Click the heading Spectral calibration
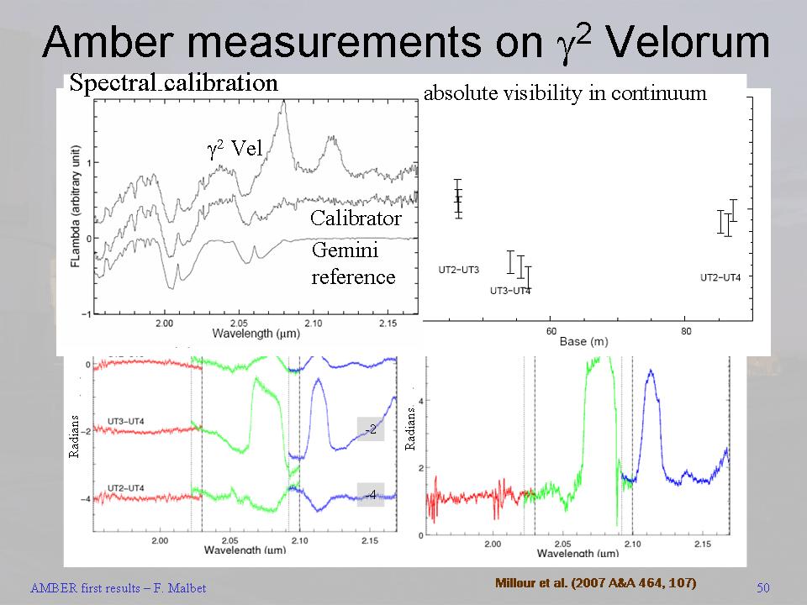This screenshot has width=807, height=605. (x=173, y=82)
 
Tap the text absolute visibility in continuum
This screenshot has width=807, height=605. (x=565, y=93)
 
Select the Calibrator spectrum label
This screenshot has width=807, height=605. (x=356, y=218)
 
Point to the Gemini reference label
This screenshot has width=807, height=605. (x=353, y=263)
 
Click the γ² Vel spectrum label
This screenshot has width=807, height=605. (x=235, y=149)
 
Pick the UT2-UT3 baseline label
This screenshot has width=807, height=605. (x=459, y=271)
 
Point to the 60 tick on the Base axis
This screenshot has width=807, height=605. (x=551, y=331)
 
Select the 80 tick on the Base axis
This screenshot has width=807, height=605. (x=687, y=331)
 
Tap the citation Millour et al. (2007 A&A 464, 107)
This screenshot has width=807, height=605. (x=596, y=582)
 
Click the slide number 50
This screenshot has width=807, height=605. (x=763, y=587)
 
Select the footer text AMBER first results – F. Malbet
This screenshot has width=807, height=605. (x=118, y=588)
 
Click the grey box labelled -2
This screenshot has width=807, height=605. (x=370, y=429)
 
